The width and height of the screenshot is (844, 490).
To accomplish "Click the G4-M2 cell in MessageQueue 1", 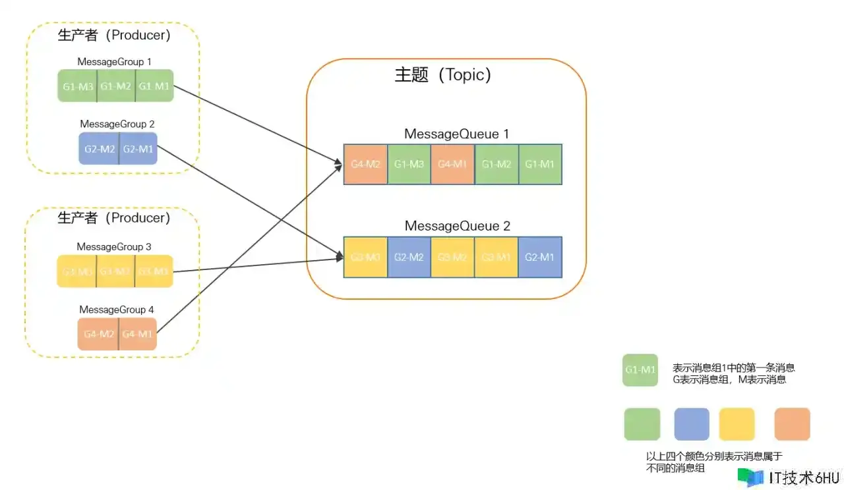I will click(x=366, y=164).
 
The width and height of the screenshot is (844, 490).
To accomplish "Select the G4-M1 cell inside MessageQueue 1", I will click(x=453, y=164).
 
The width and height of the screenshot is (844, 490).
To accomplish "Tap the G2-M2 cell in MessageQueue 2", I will click(x=409, y=257).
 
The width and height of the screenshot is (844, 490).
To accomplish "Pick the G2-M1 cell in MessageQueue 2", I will click(x=540, y=257).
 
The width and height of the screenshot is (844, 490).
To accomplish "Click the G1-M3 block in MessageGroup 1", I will click(x=77, y=86).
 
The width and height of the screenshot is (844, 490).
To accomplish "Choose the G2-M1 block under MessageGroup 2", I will click(x=138, y=149).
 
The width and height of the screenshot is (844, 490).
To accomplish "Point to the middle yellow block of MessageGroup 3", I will click(x=115, y=271).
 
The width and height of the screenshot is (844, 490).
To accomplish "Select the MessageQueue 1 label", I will click(x=457, y=134).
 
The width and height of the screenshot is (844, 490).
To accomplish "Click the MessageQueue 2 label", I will click(x=457, y=226).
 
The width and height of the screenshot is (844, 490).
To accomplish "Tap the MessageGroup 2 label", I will click(x=117, y=124).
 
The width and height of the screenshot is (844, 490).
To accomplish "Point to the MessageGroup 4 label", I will click(x=117, y=310).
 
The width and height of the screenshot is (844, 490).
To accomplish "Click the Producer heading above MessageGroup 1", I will click(x=114, y=35).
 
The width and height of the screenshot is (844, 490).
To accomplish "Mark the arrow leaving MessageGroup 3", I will click(x=257, y=265).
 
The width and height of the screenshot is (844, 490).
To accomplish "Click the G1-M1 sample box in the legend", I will click(x=640, y=369).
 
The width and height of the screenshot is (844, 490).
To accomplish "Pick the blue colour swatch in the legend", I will click(x=692, y=424).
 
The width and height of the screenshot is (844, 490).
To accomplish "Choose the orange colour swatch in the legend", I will click(x=792, y=424).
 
